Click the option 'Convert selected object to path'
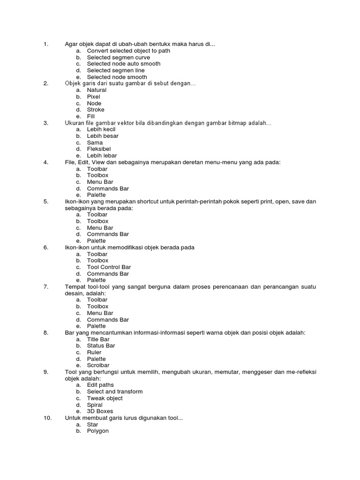tap(128, 51)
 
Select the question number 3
tap(46, 123)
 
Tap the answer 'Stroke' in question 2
tap(96, 110)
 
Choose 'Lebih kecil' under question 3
tap(101, 129)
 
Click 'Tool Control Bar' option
tap(109, 267)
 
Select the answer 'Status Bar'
tap(101, 346)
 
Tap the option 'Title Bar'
tap(98, 339)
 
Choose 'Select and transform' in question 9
tap(115, 392)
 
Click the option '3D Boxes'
tap(100, 412)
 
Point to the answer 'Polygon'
tap(97, 431)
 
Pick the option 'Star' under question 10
tap(92, 425)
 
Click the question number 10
tap(47, 418)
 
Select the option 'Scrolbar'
tap(98, 366)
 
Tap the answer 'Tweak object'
tap(105, 398)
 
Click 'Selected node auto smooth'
tap(124, 64)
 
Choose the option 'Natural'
tap(97, 90)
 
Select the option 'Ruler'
tap(94, 352)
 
